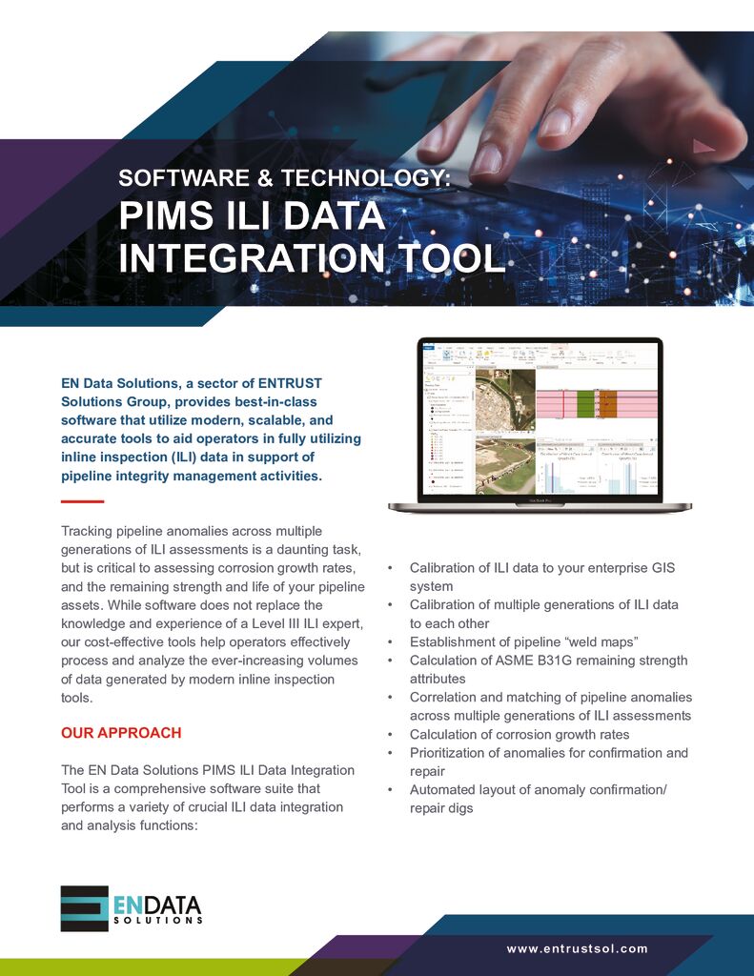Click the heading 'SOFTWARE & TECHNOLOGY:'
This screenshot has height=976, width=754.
click(x=283, y=177)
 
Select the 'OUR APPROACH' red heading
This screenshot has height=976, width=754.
click(x=121, y=733)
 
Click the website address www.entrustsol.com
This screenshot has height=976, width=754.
click(x=578, y=948)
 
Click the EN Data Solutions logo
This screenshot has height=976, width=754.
click(x=131, y=907)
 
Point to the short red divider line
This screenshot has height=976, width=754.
click(x=82, y=501)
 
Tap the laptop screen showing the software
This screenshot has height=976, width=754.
click(x=540, y=419)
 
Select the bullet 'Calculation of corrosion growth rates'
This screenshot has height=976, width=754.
click(x=520, y=734)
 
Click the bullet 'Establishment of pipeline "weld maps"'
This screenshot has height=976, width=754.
click(x=523, y=641)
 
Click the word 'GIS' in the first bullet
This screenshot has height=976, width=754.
click(x=657, y=567)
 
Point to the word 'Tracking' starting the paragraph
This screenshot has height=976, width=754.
click(x=88, y=531)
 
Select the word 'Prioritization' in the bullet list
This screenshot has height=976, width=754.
click(x=450, y=753)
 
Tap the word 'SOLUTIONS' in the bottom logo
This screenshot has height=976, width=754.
click(x=157, y=921)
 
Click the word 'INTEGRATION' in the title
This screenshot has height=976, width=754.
click(x=246, y=257)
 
